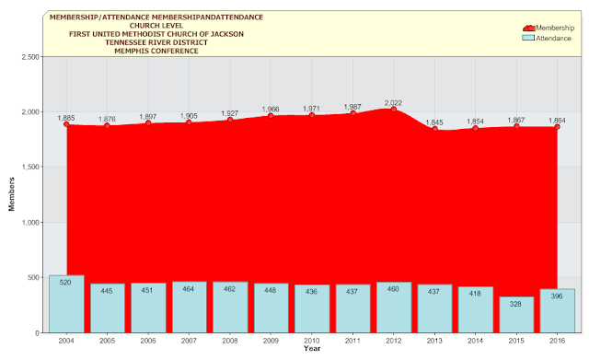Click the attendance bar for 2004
point(66,304)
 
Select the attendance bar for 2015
point(516,315)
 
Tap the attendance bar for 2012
point(394,308)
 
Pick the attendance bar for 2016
point(557,311)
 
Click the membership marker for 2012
point(394,110)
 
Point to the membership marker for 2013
point(434,129)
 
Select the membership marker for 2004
point(66,124)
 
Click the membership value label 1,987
point(352,107)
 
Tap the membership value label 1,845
point(434,122)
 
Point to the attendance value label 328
point(515,304)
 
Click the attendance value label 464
point(188,289)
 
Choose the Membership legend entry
point(549,28)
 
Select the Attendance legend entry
point(547,39)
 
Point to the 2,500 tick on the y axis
point(30,57)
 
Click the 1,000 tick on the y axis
point(30,223)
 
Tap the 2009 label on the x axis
point(271,341)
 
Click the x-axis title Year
point(312,349)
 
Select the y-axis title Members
point(12,194)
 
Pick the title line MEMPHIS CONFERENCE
point(156,52)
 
